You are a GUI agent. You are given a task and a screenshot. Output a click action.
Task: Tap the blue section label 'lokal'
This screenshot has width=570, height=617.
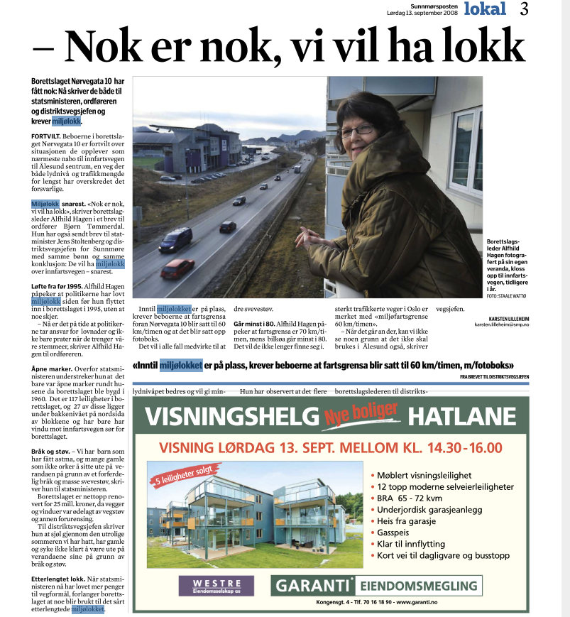click(485, 9)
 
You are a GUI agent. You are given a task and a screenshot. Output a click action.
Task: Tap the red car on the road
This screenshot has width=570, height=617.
click(177, 268)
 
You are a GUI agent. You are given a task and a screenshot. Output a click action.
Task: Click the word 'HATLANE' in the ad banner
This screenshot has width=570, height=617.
click(461, 416)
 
